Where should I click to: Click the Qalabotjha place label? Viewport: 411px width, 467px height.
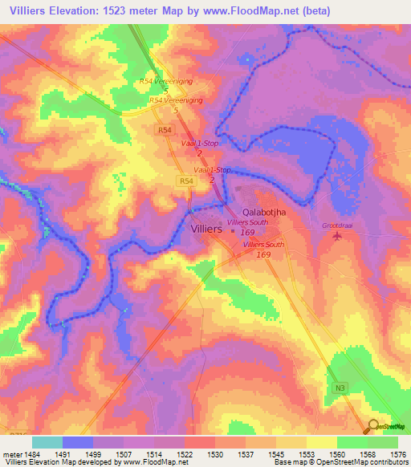coord(264,213)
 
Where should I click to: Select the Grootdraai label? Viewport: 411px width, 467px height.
coord(337,225)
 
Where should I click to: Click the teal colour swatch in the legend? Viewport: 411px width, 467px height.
coord(47,442)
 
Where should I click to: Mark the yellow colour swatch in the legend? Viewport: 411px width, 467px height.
coord(322,442)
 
